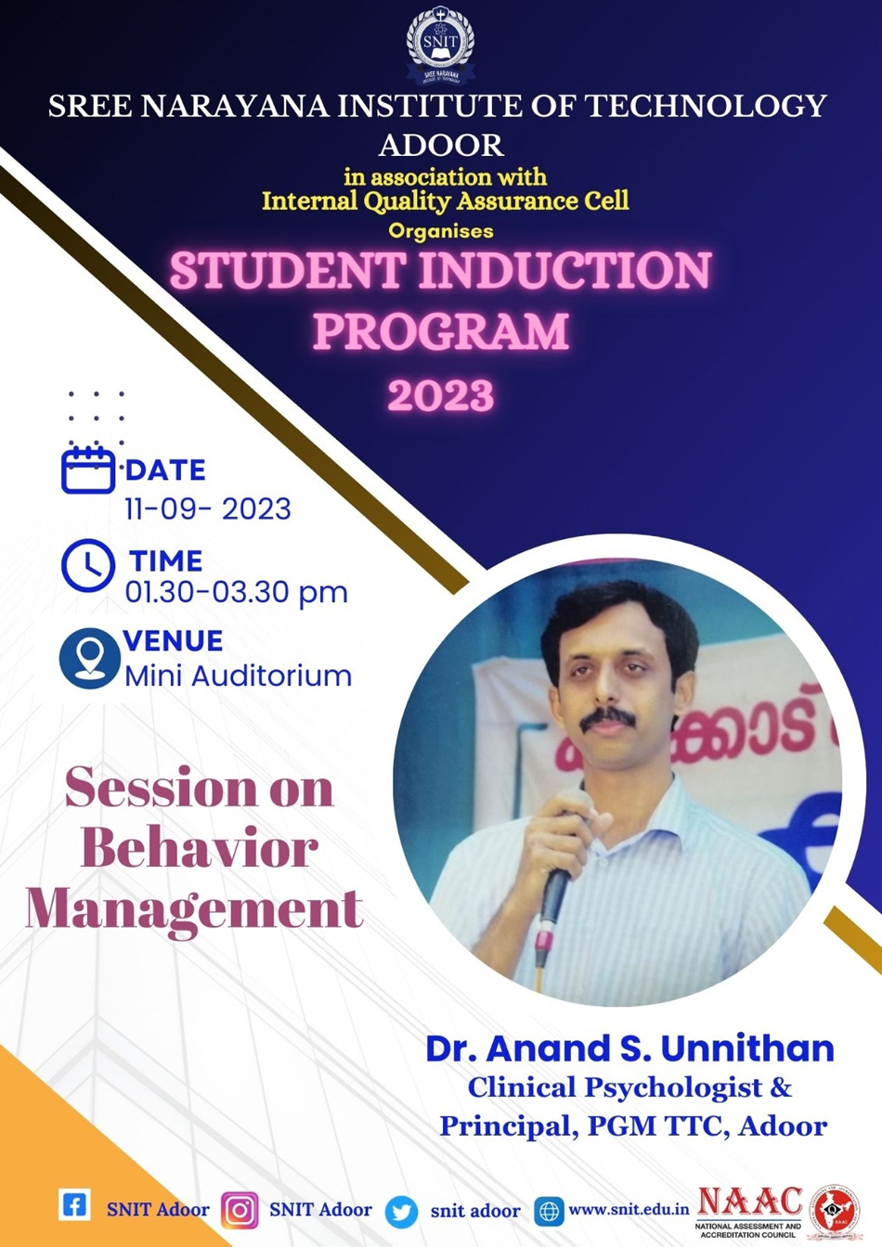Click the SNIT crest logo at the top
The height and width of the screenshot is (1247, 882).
click(x=440, y=42)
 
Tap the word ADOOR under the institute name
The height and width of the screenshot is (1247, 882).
click(x=441, y=145)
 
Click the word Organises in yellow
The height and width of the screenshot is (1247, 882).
click(x=441, y=230)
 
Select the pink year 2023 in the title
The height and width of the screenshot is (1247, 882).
click(x=441, y=395)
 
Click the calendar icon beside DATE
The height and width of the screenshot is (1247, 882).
click(x=88, y=469)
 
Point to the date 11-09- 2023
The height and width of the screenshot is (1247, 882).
click(x=208, y=509)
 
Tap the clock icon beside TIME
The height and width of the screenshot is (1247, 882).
click(x=88, y=565)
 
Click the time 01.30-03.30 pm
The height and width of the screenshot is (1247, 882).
click(x=236, y=592)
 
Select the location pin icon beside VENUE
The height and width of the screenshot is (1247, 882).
click(x=89, y=659)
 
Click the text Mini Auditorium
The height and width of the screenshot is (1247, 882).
click(x=238, y=675)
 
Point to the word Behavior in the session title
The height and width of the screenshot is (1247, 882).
click(x=199, y=848)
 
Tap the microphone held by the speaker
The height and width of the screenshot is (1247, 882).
click(x=555, y=891)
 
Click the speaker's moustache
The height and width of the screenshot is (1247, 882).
click(x=608, y=717)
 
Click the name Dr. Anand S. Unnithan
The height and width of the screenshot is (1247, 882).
click(x=629, y=1048)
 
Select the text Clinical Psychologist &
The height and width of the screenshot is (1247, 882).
click(x=629, y=1086)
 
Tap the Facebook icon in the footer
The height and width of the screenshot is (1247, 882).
click(x=74, y=1205)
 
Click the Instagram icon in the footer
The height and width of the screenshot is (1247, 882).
click(x=240, y=1211)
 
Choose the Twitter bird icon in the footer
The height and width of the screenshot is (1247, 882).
click(x=401, y=1212)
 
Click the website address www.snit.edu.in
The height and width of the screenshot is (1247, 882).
click(x=629, y=1209)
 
